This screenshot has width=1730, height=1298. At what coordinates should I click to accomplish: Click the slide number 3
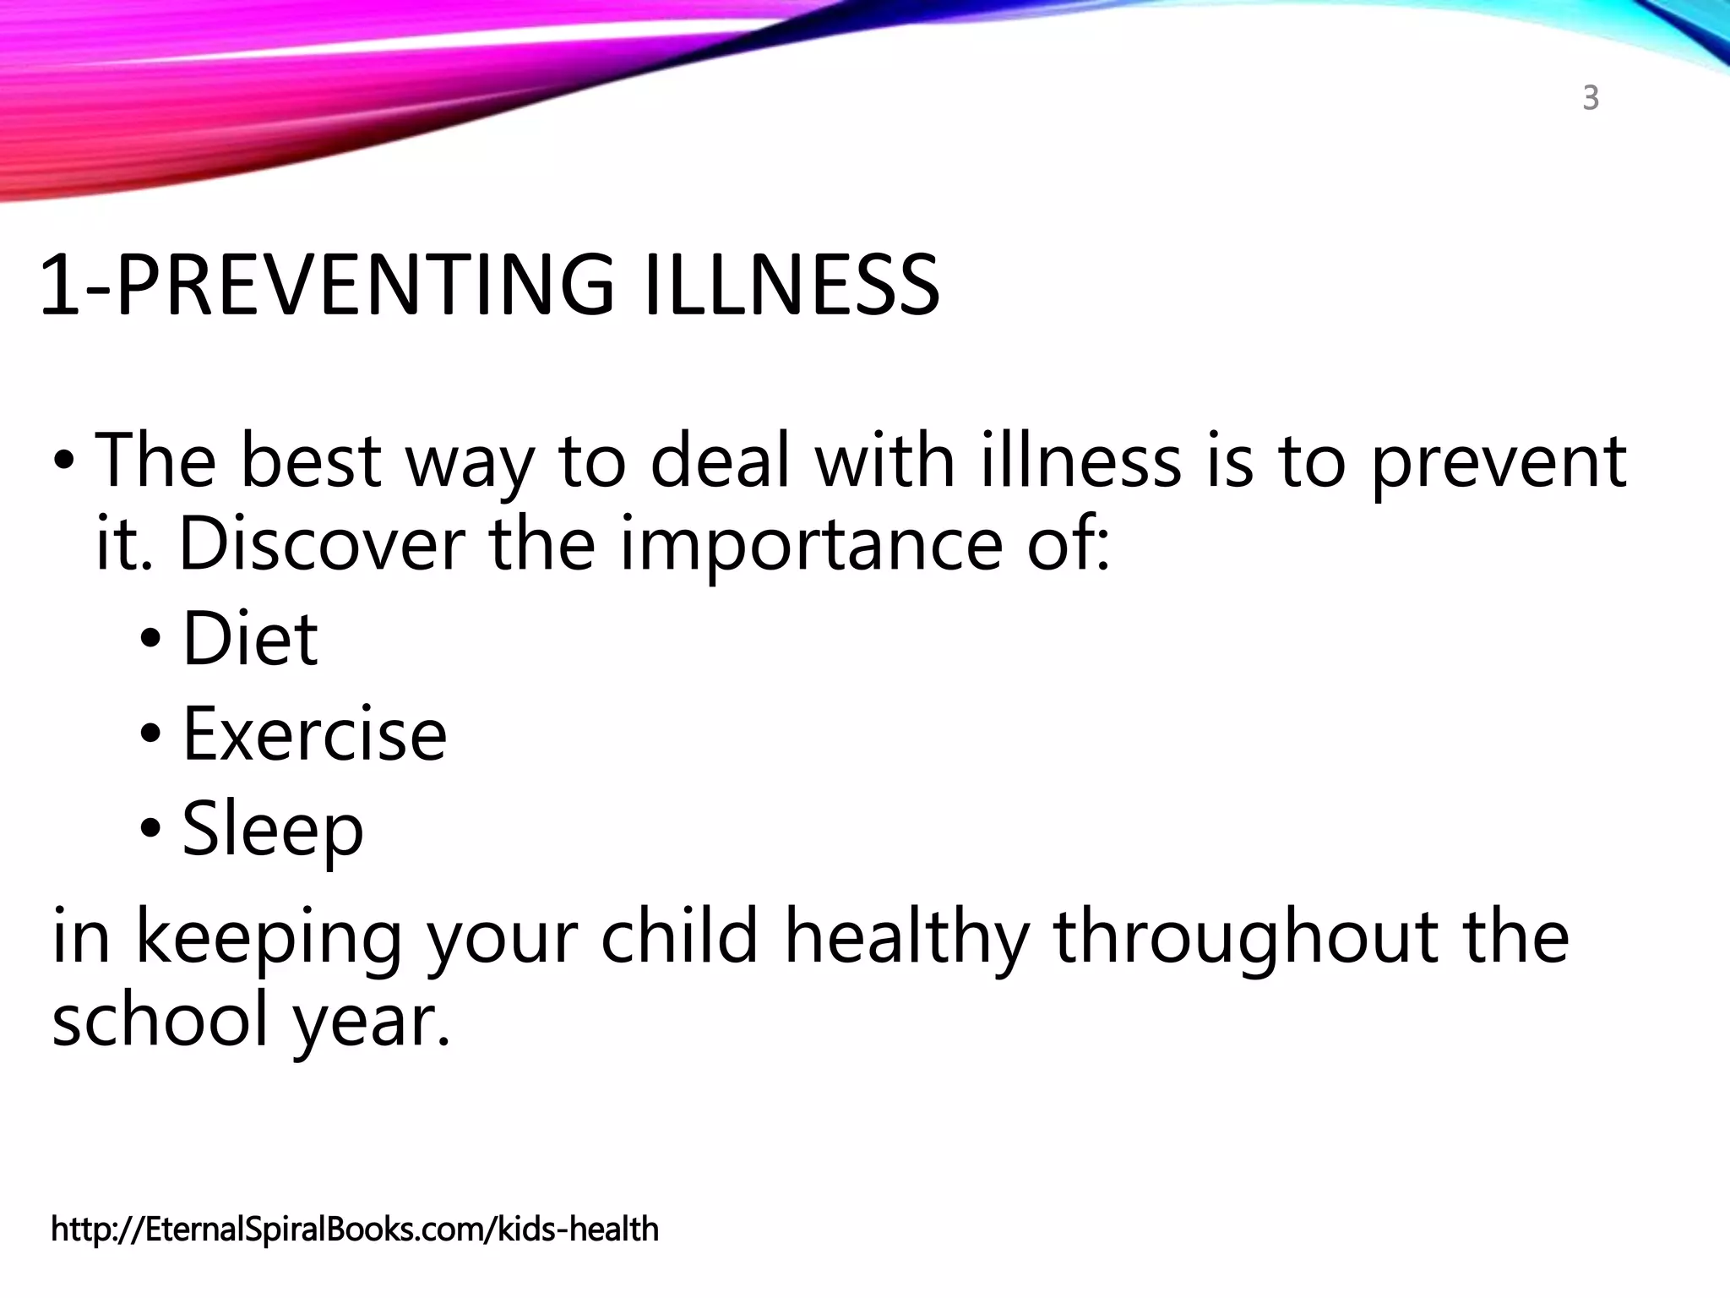tap(1591, 99)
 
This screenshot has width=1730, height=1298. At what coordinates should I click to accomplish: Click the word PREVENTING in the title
tap(364, 286)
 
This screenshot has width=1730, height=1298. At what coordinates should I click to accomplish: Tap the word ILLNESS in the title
tap(792, 286)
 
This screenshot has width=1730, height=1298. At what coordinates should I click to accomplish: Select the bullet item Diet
tap(250, 640)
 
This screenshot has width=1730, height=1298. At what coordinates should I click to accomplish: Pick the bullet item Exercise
tap(314, 734)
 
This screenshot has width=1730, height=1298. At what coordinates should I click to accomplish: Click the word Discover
tap(322, 545)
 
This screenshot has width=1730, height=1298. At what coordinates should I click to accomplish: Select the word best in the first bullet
tap(311, 461)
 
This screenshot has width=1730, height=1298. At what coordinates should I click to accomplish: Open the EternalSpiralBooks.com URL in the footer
tap(355, 1229)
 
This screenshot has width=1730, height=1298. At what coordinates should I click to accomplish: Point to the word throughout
tap(1246, 938)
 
